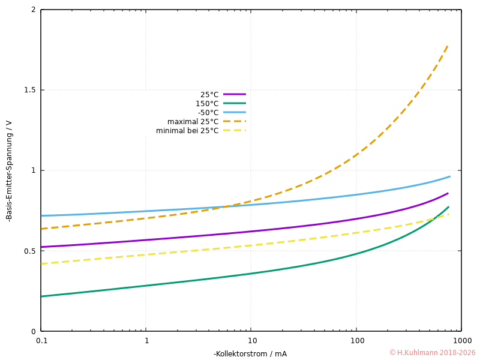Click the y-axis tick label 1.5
(x=29, y=90)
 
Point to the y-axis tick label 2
(x=34, y=10)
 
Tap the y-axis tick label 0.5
(x=29, y=251)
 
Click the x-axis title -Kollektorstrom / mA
(x=250, y=353)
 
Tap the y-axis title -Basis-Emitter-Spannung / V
(x=9, y=171)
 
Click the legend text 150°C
(x=207, y=104)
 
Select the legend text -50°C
(x=208, y=113)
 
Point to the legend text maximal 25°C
(x=193, y=122)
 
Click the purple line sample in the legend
(x=235, y=94)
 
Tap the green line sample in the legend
(x=235, y=103)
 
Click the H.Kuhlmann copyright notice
(x=432, y=353)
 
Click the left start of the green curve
(x=41, y=296)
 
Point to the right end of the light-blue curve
(x=449, y=176)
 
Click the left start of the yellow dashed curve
(x=41, y=263)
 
